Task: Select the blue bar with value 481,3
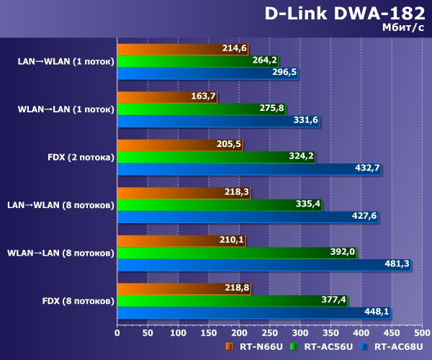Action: pyautogui.click(x=264, y=264)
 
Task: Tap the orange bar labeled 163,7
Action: pyautogui.click(x=166, y=97)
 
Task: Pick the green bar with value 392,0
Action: pyautogui.click(x=236, y=252)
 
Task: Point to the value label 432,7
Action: pyautogui.click(x=365, y=168)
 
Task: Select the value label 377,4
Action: pyautogui.click(x=332, y=300)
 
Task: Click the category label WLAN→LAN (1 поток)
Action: pyautogui.click(x=66, y=109)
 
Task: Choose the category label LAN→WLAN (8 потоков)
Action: pyautogui.click(x=60, y=205)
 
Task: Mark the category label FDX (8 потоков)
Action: pyautogui.click(x=77, y=300)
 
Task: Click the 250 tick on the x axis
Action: pyautogui.click(x=269, y=333)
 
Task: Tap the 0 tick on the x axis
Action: pyautogui.click(x=117, y=333)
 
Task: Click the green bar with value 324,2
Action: pyautogui.click(x=216, y=156)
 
